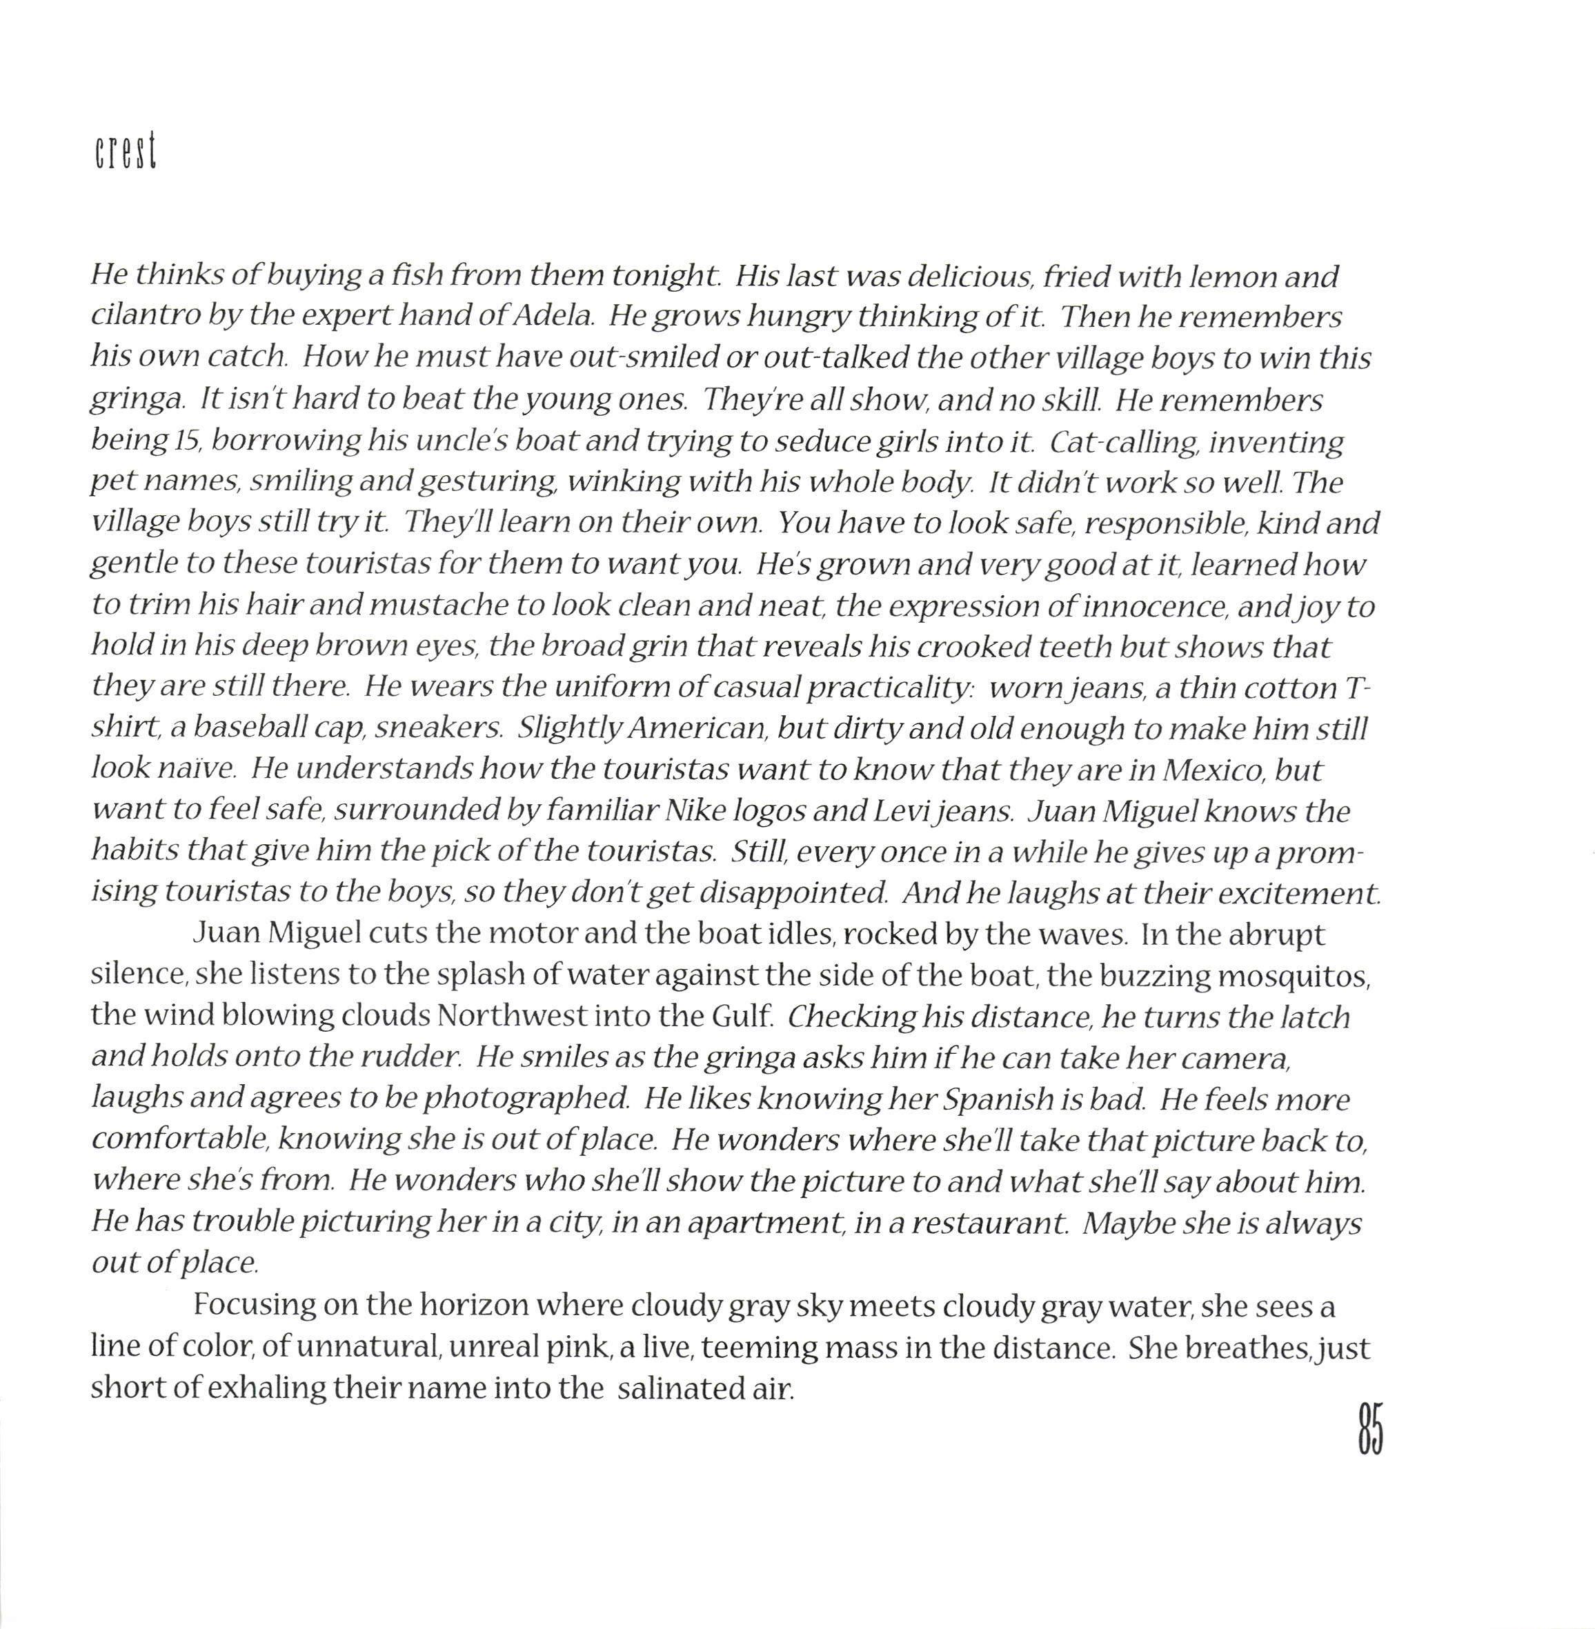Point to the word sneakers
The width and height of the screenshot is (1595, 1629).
[x=438, y=729]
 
